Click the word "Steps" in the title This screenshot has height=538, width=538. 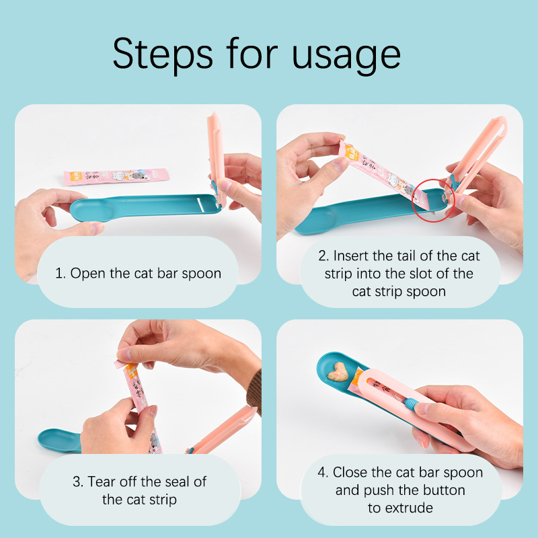pyautogui.click(x=163, y=55)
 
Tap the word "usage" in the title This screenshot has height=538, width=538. pyautogui.click(x=346, y=56)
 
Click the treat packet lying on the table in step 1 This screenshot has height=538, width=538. pyautogui.click(x=116, y=176)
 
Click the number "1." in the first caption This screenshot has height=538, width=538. pyautogui.click(x=60, y=274)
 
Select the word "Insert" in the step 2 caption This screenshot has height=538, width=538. pyautogui.click(x=350, y=256)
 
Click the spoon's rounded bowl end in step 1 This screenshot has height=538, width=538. pyautogui.click(x=86, y=210)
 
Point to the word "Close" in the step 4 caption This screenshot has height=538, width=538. pyautogui.click(x=350, y=473)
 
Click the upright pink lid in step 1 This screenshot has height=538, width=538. pyautogui.click(x=216, y=159)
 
